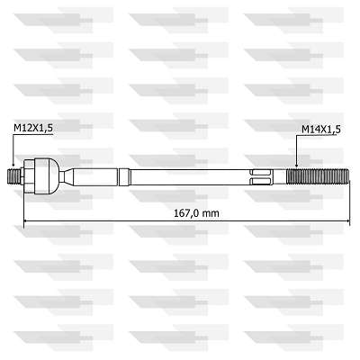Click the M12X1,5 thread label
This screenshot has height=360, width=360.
tap(33, 128)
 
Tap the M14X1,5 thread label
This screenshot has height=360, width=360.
tap(321, 130)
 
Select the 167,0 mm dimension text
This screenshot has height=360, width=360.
tap(196, 213)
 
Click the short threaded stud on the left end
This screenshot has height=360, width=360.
tap(13, 177)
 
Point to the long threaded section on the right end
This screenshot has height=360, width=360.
tap(318, 177)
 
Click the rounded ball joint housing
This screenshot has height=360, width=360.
tap(47, 176)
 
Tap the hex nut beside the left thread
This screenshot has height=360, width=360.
tap(29, 176)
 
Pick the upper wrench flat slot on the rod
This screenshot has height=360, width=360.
tap(261, 173)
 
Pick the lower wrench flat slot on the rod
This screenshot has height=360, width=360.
tap(261, 181)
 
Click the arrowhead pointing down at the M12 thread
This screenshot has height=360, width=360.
tap(13, 164)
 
